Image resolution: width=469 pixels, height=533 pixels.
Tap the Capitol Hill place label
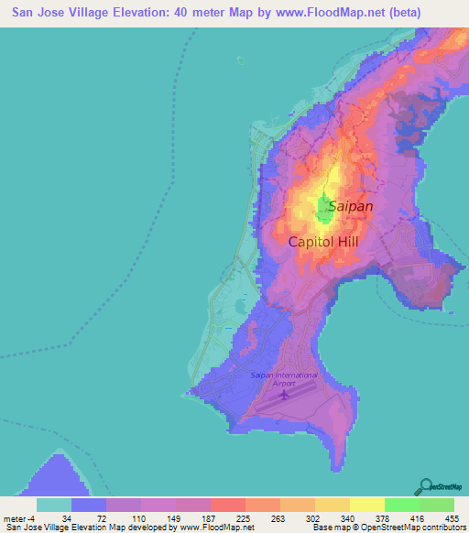click(x=322, y=242)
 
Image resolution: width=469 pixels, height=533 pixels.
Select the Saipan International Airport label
click(x=284, y=379)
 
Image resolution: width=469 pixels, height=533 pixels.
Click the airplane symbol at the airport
click(x=284, y=397)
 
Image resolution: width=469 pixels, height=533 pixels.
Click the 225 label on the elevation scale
click(x=227, y=518)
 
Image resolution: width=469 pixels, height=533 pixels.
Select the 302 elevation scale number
click(x=297, y=518)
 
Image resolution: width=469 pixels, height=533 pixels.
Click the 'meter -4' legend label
click(x=19, y=518)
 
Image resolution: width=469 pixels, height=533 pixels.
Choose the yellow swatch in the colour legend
click(x=366, y=505)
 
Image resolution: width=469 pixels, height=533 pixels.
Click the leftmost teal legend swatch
click(x=54, y=505)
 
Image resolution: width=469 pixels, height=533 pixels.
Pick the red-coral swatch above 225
click(x=227, y=505)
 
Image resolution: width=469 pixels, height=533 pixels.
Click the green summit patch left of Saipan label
click(x=323, y=210)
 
